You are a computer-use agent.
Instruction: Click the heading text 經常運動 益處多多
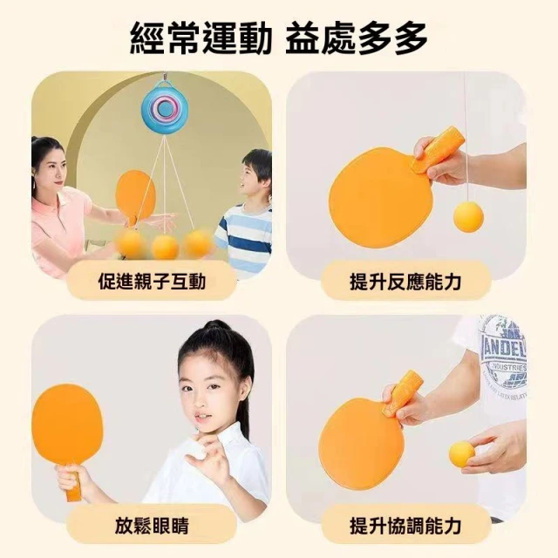279,37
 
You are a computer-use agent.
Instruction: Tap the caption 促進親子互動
152,282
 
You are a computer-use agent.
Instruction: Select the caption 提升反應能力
405,282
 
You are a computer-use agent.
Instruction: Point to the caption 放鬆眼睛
152,526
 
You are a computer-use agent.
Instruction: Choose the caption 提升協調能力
405,526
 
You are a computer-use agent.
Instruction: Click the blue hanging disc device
165,108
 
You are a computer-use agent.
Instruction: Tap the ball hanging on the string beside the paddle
468,217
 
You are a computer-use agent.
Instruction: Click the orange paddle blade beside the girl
67,425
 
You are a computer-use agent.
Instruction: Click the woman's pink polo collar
67,200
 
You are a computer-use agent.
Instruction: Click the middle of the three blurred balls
165,246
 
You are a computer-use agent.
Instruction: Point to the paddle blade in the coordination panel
362,442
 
